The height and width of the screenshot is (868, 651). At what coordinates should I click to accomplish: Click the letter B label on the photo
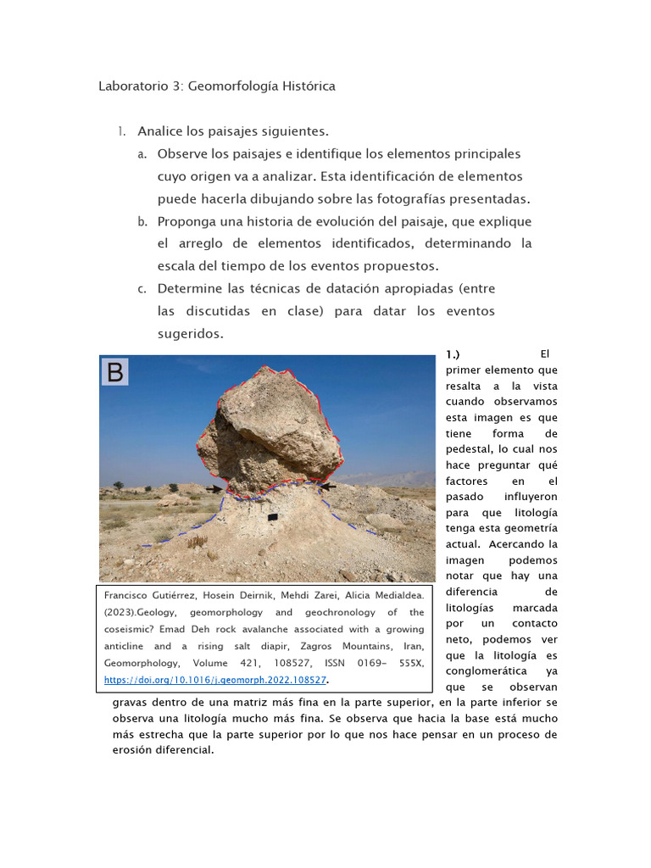pyautogui.click(x=115, y=372)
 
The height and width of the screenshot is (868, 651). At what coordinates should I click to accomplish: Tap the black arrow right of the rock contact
pyautogui.click(x=327, y=487)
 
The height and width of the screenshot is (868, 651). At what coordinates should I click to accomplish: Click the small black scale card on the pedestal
pyautogui.click(x=273, y=516)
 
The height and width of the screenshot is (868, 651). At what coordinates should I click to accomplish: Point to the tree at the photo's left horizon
pyautogui.click(x=118, y=485)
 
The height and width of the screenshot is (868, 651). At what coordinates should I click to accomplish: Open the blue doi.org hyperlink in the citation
pyautogui.click(x=215, y=680)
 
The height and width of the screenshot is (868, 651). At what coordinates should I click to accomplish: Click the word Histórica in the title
pyautogui.click(x=303, y=86)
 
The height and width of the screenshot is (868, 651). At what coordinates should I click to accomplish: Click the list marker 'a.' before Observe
pyautogui.click(x=142, y=154)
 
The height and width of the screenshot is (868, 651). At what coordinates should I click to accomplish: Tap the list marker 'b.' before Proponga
pyautogui.click(x=142, y=222)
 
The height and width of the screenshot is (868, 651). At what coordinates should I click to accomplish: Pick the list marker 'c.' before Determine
pyautogui.click(x=142, y=289)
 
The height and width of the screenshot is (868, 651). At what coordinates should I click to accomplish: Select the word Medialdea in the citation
pyautogui.click(x=397, y=595)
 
